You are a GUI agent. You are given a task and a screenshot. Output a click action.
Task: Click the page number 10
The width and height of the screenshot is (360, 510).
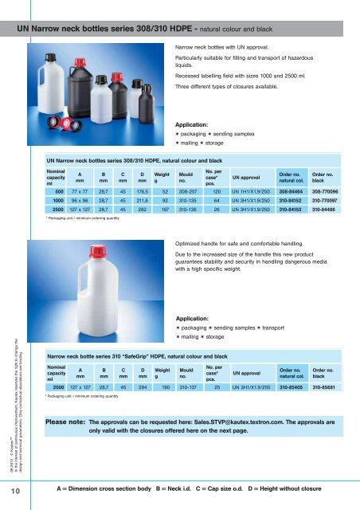click(16, 495)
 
